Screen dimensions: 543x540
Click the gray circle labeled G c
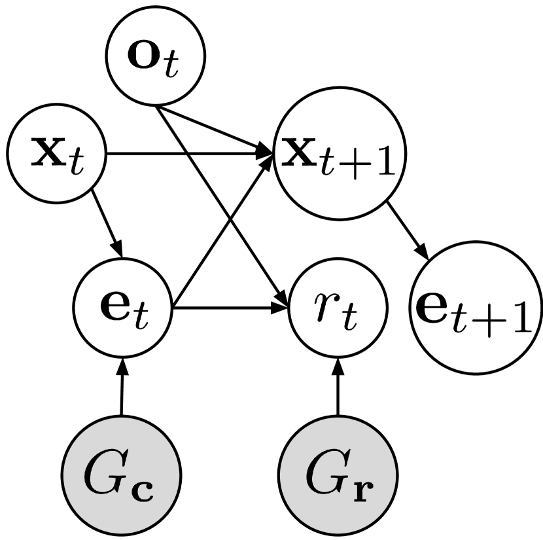coord(121,475)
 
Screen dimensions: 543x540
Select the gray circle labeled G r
coord(338,475)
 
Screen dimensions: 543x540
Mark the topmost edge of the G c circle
coord(121,419)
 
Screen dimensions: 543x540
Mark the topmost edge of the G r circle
coord(338,419)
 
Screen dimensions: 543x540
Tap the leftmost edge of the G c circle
coord(64,475)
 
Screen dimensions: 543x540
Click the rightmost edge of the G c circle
coord(178,475)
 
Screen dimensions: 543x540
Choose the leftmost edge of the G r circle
coord(281,475)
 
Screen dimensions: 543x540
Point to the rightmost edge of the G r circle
coord(394,475)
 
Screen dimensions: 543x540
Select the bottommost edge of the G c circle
coord(121,532)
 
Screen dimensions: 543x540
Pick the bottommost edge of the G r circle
coord(338,532)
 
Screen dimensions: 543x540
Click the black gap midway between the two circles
coord(229,475)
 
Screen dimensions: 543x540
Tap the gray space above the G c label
coord(121,435)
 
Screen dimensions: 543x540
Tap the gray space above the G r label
coord(338,435)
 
